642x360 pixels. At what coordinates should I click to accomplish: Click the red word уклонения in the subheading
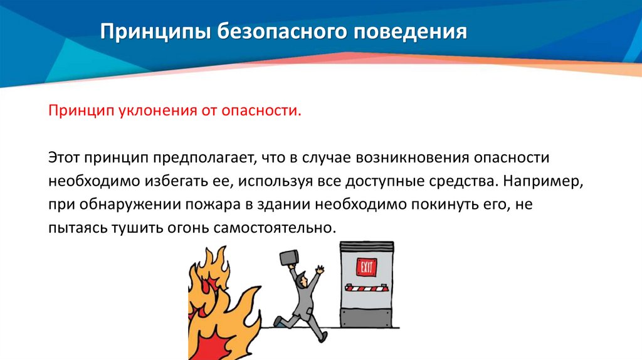(147, 111)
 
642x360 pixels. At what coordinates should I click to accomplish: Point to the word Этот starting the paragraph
(65, 157)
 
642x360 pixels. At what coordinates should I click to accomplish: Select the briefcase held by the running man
(289, 258)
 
